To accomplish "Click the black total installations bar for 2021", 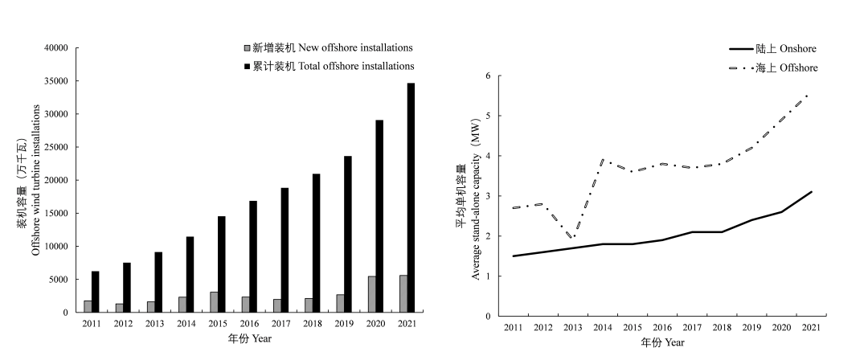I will tap(411, 198).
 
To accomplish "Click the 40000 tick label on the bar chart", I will tap(56, 48).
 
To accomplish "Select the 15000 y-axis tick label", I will tap(56, 214).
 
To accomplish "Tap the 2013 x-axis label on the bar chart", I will tap(154, 323).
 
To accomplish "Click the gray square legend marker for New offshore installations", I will tap(247, 48).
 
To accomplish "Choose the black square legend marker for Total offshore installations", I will tap(247, 66).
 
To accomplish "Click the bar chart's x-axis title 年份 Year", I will tap(250, 338).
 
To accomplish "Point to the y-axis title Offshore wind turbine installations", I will tap(35, 180).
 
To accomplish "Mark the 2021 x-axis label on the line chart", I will tap(811, 329).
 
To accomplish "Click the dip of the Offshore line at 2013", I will tap(572, 237).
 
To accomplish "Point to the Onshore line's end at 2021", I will tap(811, 192).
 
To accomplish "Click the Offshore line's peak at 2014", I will tap(602, 160).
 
